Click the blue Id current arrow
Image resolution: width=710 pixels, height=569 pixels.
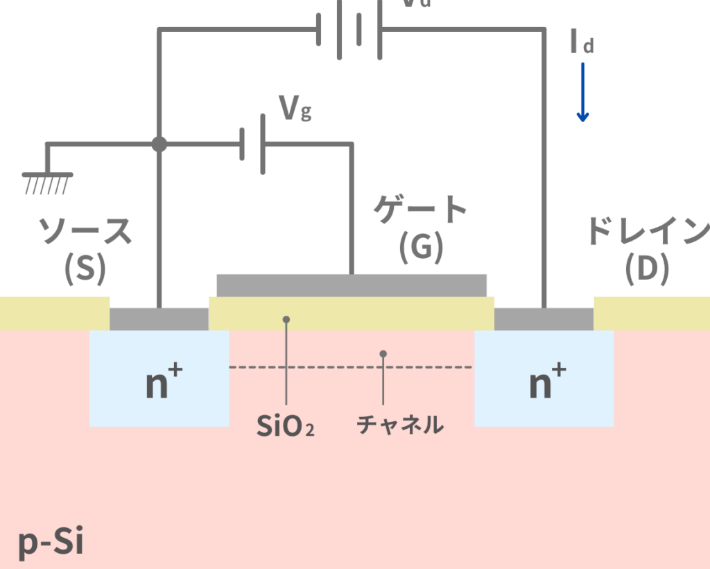582,92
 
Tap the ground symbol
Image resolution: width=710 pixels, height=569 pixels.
47,181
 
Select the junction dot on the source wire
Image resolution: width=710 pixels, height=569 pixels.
159,144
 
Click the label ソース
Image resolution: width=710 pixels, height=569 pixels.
85,232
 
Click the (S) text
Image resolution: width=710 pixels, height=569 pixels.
85,269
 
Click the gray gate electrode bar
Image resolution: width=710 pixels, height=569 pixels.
352,285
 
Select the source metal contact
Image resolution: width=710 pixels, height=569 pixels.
159,319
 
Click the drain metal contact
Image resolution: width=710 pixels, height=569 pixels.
544,319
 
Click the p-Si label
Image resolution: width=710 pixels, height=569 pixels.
51,543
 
